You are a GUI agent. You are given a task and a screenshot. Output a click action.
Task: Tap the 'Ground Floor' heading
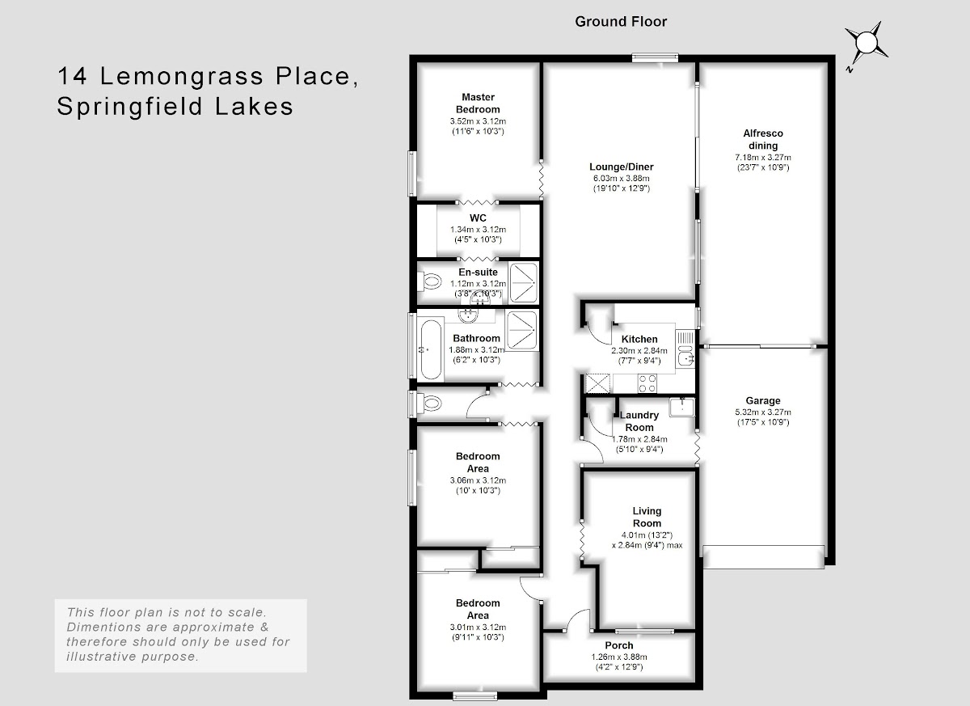point(621,22)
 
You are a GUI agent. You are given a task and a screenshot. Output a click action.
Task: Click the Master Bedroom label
point(478,103)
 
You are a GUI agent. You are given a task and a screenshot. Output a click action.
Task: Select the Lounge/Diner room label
point(622,167)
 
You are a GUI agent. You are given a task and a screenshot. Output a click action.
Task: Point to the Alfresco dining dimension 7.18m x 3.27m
point(763,157)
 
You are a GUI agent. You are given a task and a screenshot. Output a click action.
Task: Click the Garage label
point(763,400)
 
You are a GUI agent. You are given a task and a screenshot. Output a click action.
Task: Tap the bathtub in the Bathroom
point(432,349)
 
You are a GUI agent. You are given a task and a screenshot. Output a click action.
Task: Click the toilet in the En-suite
point(429,282)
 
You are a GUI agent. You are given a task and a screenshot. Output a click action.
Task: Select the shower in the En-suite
point(524,283)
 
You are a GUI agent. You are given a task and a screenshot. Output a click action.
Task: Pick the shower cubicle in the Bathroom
point(522,330)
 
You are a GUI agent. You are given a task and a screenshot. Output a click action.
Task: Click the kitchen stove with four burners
point(647,383)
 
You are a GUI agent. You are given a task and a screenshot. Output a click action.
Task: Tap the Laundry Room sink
point(682,407)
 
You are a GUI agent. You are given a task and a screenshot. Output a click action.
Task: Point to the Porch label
point(619,645)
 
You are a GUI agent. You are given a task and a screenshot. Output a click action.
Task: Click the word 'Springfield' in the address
point(129,107)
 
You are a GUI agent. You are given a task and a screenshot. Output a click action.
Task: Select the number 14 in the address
point(72,75)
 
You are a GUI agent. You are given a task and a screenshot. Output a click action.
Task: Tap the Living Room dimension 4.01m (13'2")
point(647,535)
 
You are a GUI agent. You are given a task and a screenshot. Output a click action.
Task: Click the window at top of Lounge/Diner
point(656,57)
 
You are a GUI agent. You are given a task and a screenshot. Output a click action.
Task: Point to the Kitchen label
point(639,339)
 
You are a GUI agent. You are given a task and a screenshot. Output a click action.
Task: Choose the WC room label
point(478,218)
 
